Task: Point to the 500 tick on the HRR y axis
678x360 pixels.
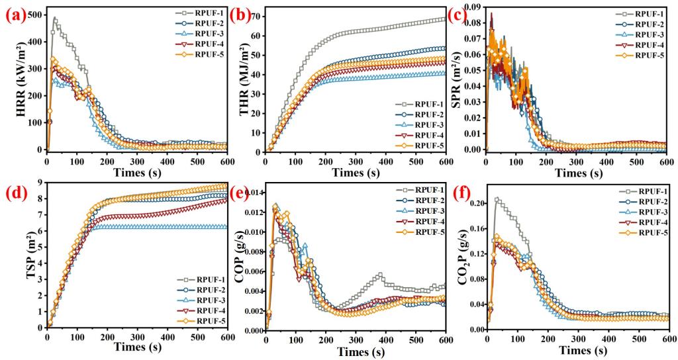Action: (x=34, y=15)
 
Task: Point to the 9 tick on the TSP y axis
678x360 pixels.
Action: (x=40, y=183)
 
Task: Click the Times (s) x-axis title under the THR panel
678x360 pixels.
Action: (x=356, y=173)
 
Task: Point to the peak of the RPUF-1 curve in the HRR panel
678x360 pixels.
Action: (x=54, y=18)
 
